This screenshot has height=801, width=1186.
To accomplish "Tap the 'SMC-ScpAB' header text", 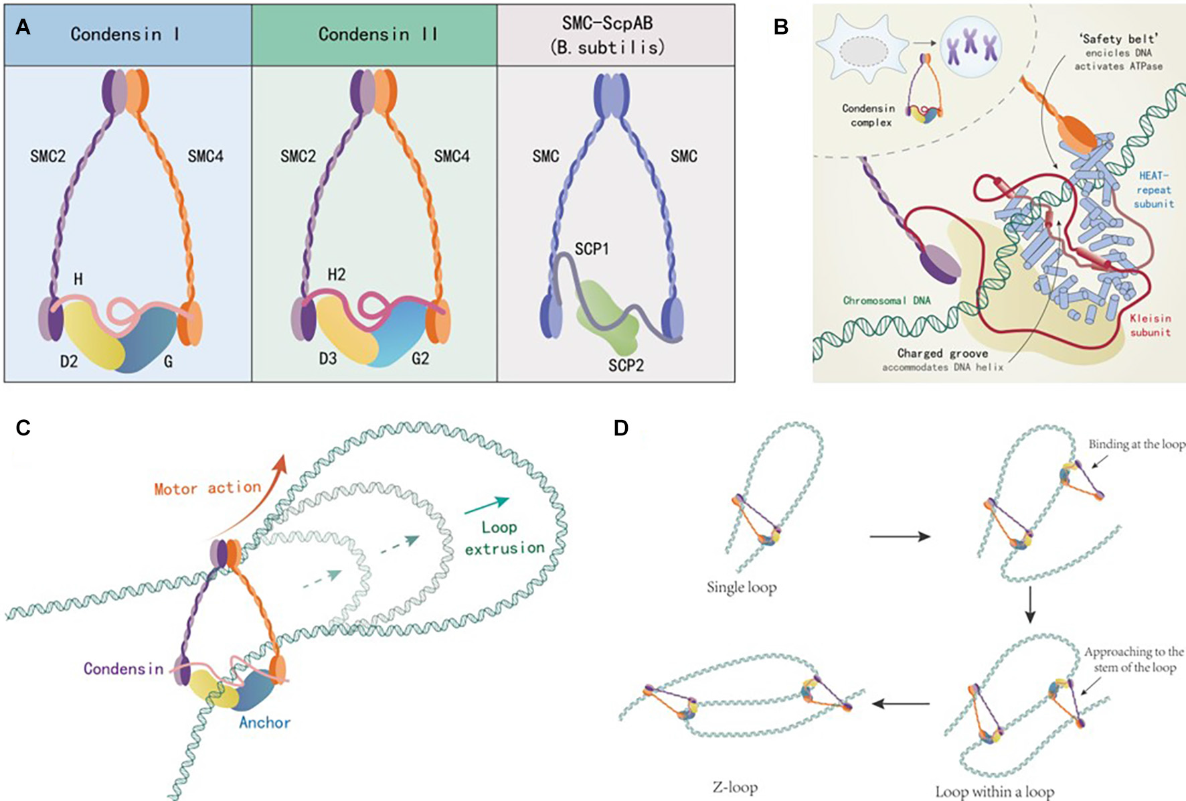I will (x=607, y=35).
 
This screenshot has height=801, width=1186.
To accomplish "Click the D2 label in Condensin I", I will (x=69, y=362).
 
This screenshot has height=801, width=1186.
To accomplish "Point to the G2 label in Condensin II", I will (x=420, y=358).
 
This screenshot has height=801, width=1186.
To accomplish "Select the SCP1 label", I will (x=592, y=249).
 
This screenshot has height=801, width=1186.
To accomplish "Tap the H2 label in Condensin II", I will (x=336, y=275).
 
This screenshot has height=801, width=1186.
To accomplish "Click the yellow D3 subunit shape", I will (x=345, y=328).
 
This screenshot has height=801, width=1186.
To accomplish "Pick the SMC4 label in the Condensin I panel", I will (x=205, y=156).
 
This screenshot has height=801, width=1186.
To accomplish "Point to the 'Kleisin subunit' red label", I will (x=1150, y=325).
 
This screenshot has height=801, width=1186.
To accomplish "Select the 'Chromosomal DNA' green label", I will (x=886, y=300).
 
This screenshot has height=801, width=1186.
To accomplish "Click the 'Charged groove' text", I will (x=942, y=353).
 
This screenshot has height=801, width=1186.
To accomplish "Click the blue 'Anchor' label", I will (x=265, y=723).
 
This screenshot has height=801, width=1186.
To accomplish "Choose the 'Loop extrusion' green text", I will (x=504, y=538).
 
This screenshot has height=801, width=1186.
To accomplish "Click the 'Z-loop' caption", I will (x=734, y=787).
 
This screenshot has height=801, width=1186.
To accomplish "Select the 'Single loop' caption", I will (x=742, y=587).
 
